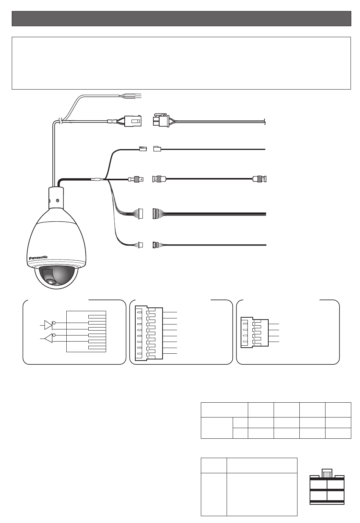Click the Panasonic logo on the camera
tap(38, 258)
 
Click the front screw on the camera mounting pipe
tap(57, 200)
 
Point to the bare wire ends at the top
tap(131, 96)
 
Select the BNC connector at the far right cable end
tap(260, 179)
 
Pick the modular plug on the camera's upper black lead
tap(143, 148)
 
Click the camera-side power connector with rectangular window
tap(133, 121)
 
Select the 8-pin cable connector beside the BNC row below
tap(156, 214)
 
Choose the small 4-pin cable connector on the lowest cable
tap(155, 245)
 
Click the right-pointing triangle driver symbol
tap(48, 325)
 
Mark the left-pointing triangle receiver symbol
tap(48, 338)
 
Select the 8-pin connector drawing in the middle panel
tap(149, 333)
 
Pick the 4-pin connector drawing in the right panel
tap(254, 332)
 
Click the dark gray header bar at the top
tap(182, 19)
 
